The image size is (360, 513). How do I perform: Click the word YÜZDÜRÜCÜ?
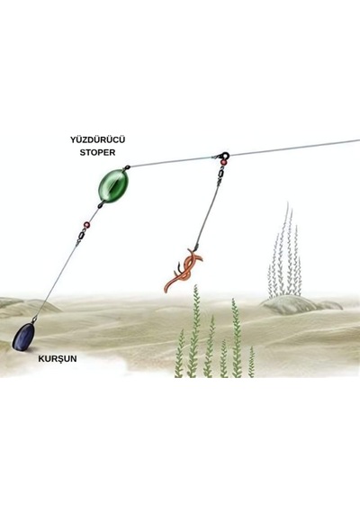pyautogui.click(x=97, y=140)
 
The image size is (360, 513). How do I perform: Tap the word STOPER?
pyautogui.click(x=97, y=152)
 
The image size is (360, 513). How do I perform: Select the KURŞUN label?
pyautogui.click(x=58, y=358)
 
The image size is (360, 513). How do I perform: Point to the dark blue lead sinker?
pyautogui.click(x=24, y=337)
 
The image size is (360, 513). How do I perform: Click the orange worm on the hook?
pyautogui.click(x=184, y=270)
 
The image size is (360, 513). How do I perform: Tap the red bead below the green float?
pyautogui.click(x=86, y=225)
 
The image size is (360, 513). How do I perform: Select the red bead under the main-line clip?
pyautogui.click(x=223, y=162)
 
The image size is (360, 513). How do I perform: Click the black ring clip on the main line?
pyautogui.click(x=225, y=155)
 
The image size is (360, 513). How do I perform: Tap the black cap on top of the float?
pyautogui.click(x=127, y=167)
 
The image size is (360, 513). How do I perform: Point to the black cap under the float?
pyautogui.click(x=101, y=205)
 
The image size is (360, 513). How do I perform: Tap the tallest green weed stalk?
pyautogui.click(x=194, y=330)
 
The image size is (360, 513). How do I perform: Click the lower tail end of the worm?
pyautogui.click(x=166, y=290)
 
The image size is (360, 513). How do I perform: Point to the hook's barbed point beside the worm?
pyautogui.click(x=179, y=265)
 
